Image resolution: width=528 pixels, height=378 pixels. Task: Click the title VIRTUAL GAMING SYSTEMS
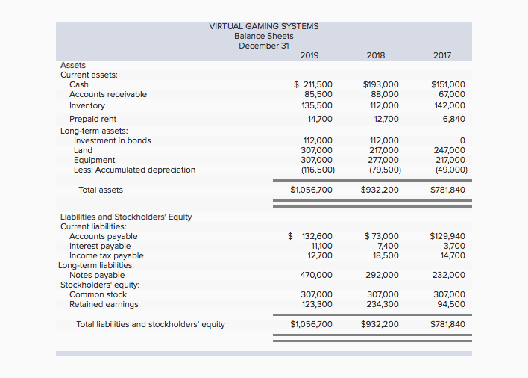(x=263, y=26)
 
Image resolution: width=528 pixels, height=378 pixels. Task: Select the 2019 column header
(x=309, y=55)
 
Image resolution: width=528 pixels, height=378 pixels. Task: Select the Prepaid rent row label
(x=92, y=119)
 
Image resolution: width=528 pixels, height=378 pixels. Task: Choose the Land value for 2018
(x=384, y=150)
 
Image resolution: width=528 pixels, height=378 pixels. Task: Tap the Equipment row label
(x=94, y=160)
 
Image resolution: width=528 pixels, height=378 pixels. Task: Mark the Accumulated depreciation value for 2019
(x=317, y=170)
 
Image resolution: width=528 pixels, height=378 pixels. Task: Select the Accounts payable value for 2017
(x=447, y=236)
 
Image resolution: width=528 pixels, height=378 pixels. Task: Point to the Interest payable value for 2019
(x=321, y=246)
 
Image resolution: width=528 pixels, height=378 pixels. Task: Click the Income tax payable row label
(x=107, y=255)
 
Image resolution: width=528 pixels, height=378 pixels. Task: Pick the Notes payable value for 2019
(x=316, y=275)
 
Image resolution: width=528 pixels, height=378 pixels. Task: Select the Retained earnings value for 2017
(x=450, y=304)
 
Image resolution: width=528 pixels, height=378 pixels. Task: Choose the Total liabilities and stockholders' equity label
(x=150, y=324)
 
